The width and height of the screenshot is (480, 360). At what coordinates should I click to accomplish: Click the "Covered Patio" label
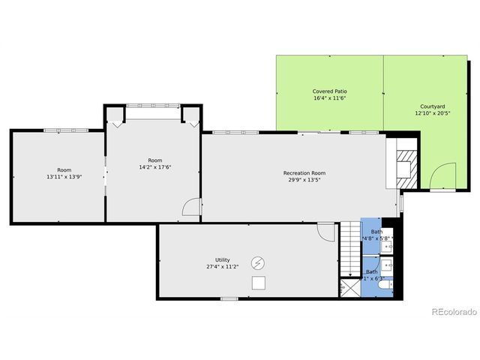(329, 91)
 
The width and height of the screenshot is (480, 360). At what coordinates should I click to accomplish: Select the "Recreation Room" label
(304, 173)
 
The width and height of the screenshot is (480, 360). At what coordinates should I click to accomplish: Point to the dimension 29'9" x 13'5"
(304, 180)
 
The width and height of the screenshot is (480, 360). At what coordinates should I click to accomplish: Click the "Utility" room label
(223, 259)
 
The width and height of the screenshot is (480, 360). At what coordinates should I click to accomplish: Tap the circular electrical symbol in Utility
(258, 262)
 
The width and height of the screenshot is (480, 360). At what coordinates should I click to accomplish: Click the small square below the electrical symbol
(258, 283)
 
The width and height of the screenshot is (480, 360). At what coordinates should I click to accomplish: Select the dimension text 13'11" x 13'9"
(64, 177)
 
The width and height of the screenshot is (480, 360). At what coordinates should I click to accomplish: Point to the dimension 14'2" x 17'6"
(155, 167)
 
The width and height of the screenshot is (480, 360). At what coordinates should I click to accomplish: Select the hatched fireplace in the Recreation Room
(404, 163)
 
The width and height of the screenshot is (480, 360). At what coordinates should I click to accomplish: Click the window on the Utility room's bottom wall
(229, 298)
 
